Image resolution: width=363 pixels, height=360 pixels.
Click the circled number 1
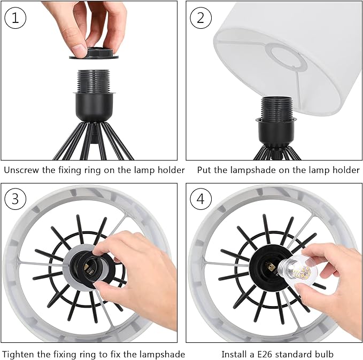(16, 18)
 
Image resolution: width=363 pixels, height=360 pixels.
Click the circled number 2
(200, 18)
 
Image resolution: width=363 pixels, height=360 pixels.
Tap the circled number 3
(16, 199)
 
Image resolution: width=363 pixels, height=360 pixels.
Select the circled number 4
(200, 199)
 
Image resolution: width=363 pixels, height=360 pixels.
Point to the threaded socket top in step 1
(94, 81)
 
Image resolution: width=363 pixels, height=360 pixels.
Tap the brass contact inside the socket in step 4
(269, 268)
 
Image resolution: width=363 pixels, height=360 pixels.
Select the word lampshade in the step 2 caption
(253, 170)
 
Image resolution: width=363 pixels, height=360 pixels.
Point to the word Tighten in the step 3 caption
(18, 354)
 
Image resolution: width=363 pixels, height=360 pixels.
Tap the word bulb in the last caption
(324, 354)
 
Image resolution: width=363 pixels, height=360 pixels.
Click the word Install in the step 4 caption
(234, 354)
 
